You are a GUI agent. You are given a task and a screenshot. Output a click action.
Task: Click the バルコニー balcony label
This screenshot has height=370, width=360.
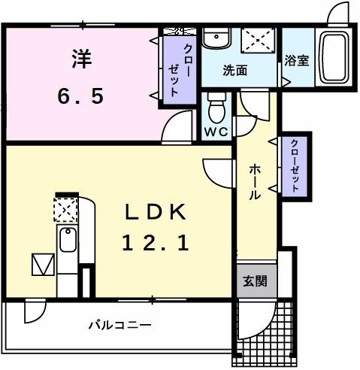coord(119,325)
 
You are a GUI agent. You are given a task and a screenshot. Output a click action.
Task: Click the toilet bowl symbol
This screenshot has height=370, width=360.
coord(216,107)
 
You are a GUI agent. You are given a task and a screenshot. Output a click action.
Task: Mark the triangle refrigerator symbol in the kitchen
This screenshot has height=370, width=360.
coord(41,265)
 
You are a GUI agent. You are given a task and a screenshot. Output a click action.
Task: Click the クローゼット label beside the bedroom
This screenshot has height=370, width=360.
coord(174,69)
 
